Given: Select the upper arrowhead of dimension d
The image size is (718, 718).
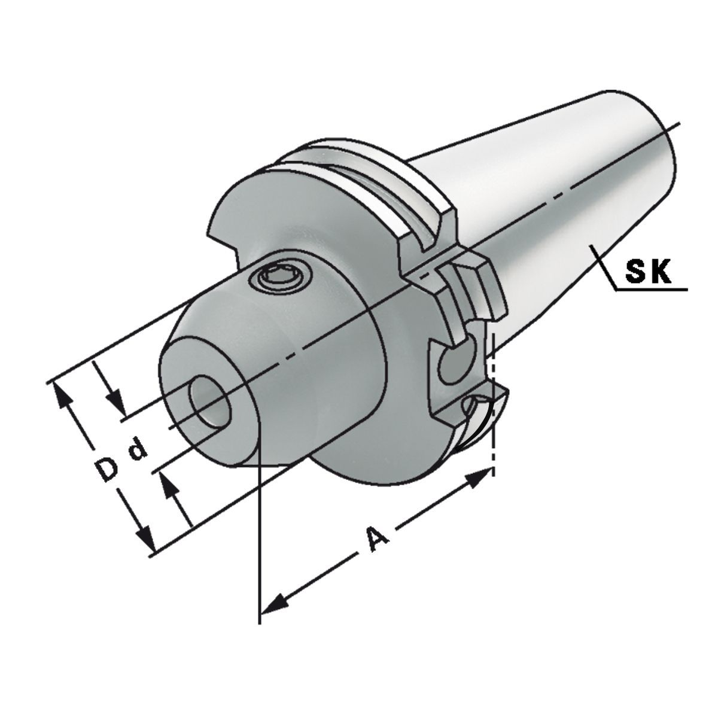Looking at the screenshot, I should (116, 401).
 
